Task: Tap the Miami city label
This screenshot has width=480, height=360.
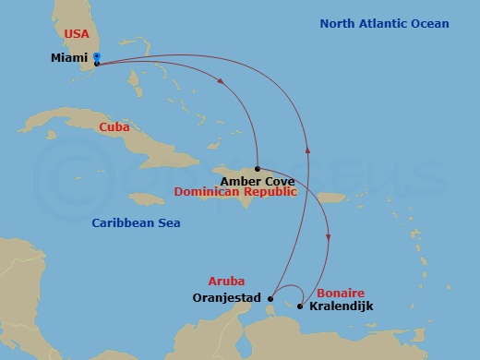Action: pyautogui.click(x=70, y=57)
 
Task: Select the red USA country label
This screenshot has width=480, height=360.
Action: pyautogui.click(x=76, y=34)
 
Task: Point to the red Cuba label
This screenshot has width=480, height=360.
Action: pyautogui.click(x=114, y=126)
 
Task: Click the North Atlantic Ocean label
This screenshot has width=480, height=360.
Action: pyautogui.click(x=385, y=24)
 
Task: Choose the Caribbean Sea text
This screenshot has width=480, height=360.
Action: pyautogui.click(x=136, y=223)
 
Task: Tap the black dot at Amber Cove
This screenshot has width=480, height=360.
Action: pyautogui.click(x=257, y=169)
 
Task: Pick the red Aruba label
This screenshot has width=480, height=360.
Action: pyautogui.click(x=225, y=280)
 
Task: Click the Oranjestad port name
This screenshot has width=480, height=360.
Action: pyautogui.click(x=226, y=298)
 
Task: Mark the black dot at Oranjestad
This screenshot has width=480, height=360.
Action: pyautogui.click(x=270, y=298)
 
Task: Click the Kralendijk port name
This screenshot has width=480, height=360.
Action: pyautogui.click(x=342, y=306)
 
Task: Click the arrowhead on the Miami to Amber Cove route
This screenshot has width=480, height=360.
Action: pyautogui.click(x=222, y=82)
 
